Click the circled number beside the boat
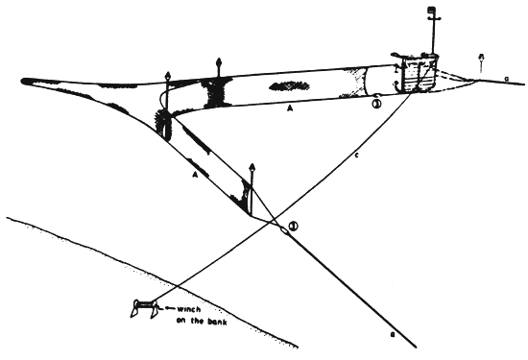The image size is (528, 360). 377,104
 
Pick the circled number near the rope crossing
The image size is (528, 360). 294,227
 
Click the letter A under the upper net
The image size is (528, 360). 289,110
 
